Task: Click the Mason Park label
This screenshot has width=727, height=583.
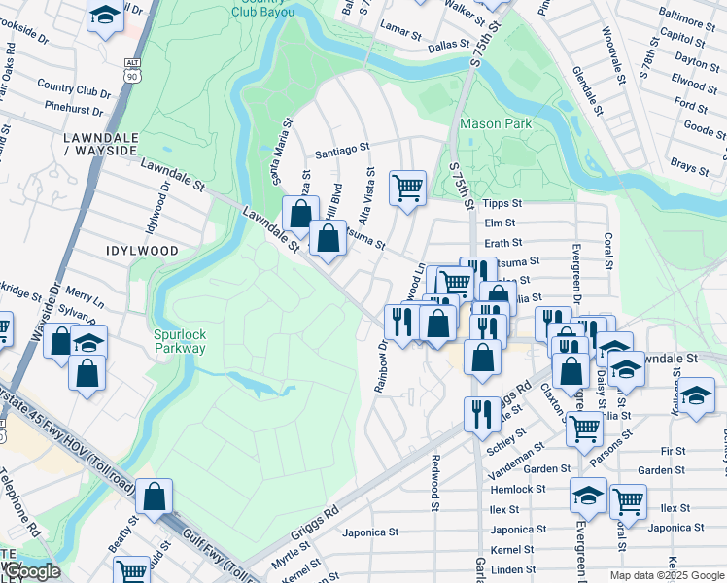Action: click(496, 124)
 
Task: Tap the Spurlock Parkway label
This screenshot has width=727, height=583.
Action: click(180, 341)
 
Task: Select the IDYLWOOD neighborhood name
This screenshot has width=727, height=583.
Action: click(143, 251)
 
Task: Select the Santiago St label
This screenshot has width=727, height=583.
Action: click(343, 150)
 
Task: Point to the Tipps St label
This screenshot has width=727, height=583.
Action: click(502, 204)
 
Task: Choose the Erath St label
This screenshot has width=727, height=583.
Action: click(503, 243)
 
